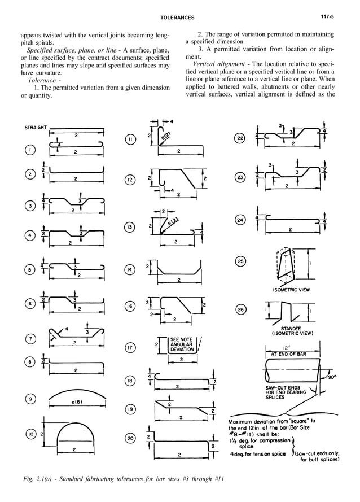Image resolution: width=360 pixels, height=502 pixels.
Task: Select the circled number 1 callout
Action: point(29,150)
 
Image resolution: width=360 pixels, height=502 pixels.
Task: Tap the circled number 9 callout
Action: point(29,399)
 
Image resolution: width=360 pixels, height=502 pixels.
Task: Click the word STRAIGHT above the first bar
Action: point(36,127)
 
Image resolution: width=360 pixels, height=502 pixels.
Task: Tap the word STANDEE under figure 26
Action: point(292,328)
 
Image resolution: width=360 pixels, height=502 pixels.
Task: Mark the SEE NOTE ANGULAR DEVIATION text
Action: point(181,344)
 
